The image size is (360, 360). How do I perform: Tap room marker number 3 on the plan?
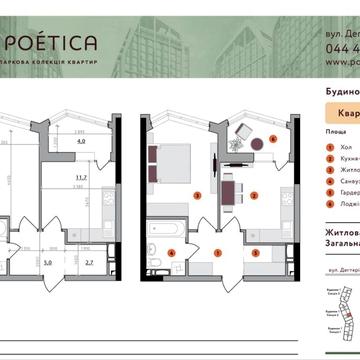(x=199, y=194)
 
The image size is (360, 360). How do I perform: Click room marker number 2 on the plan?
(x=257, y=196)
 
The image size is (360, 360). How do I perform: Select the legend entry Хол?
(x=346, y=146)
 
